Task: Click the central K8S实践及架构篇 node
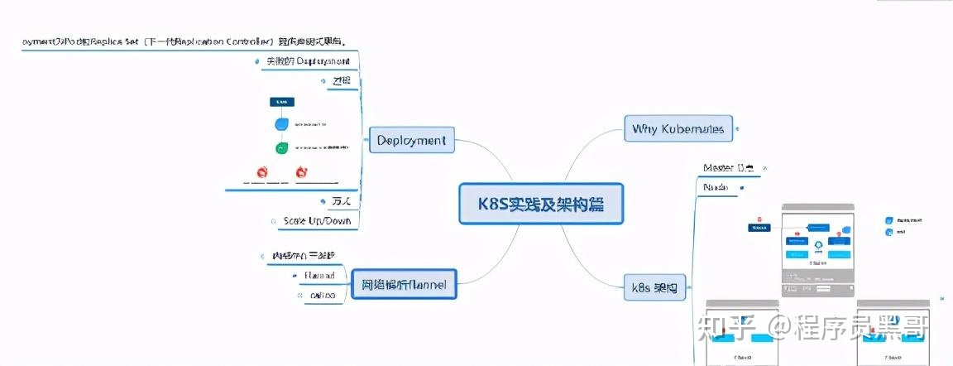click(x=541, y=204)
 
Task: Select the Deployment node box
click(x=411, y=140)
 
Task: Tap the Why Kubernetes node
click(x=678, y=128)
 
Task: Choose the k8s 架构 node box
click(x=654, y=288)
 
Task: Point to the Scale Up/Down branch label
click(x=317, y=221)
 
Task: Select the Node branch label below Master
click(x=716, y=188)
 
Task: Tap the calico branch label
click(x=322, y=295)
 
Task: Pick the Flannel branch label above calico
click(x=319, y=275)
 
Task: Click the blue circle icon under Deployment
click(x=282, y=124)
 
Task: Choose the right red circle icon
click(x=301, y=172)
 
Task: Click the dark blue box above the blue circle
click(x=281, y=102)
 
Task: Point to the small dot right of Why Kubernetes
click(x=739, y=128)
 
